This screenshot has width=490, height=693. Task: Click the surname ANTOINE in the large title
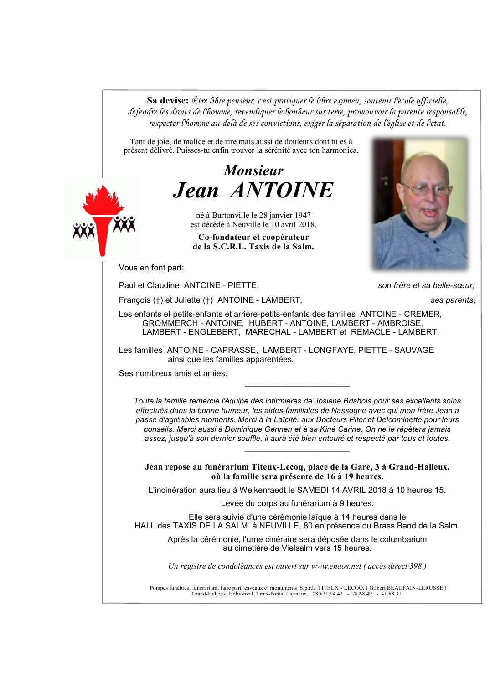point(282,190)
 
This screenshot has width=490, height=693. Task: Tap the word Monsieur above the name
point(253,171)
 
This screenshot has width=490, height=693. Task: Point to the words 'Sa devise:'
point(167,101)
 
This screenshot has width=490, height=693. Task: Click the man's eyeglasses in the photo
point(426,189)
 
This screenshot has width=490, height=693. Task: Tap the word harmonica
point(340,150)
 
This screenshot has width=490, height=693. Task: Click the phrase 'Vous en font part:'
point(151,268)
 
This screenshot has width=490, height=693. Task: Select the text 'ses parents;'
point(453,300)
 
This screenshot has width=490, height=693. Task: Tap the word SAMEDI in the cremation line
point(313,490)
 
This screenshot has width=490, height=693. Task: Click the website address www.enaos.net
point(336,566)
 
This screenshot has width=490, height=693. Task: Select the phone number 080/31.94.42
point(327,594)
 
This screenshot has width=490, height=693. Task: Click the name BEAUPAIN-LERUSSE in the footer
point(415,588)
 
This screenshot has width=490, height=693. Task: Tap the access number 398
point(415,566)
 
